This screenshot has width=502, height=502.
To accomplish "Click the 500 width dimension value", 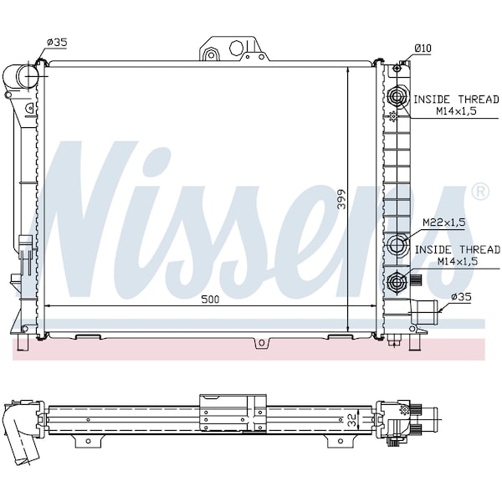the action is coord(210,300).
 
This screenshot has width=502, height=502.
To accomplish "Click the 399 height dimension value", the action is coord(342,199).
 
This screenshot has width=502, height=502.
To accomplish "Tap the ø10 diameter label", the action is coord(423,49).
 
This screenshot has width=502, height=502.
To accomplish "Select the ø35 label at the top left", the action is coord(57,43).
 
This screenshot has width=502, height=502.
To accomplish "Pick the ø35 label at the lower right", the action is coord(461,297).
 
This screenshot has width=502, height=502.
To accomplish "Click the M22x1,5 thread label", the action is coord(444,223).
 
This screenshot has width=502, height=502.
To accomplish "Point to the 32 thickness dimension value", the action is coord(352,420).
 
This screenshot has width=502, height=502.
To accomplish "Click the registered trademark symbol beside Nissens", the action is coord(480,192).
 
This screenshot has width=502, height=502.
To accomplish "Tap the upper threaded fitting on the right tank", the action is coord(397,95).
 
